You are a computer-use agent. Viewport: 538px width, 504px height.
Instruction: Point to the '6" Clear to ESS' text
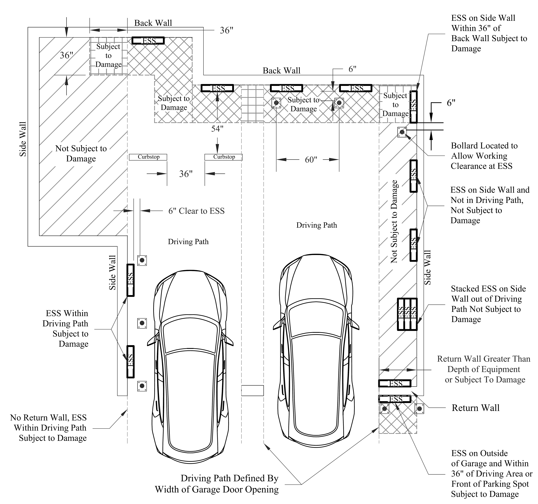click(x=196, y=211)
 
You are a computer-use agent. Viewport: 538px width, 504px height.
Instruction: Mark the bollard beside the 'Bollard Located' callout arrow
click(x=402, y=132)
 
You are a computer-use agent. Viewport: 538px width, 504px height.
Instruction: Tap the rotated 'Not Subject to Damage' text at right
click(x=394, y=222)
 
